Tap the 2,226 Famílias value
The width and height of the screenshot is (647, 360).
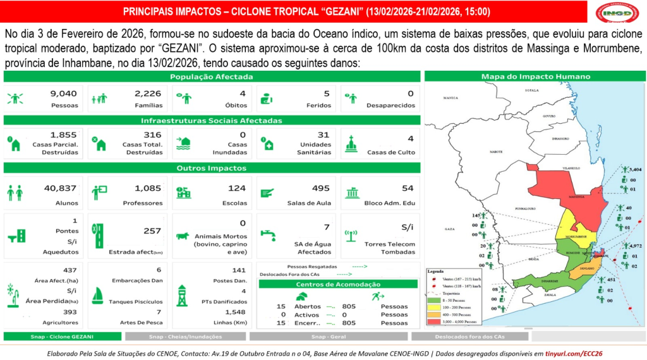pos(148,93)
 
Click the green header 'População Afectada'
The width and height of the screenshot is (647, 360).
pos(212,77)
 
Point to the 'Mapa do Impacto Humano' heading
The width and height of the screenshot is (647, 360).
pos(536,77)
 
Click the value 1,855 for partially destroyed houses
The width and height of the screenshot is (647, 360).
pos(63,135)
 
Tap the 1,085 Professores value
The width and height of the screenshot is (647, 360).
pos(148,188)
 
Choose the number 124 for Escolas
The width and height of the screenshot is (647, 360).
pos(237,188)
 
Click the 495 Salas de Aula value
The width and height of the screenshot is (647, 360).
pos(321,188)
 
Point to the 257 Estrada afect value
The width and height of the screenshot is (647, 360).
pos(153,231)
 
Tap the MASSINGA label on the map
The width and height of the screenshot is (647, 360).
pos(576,196)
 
